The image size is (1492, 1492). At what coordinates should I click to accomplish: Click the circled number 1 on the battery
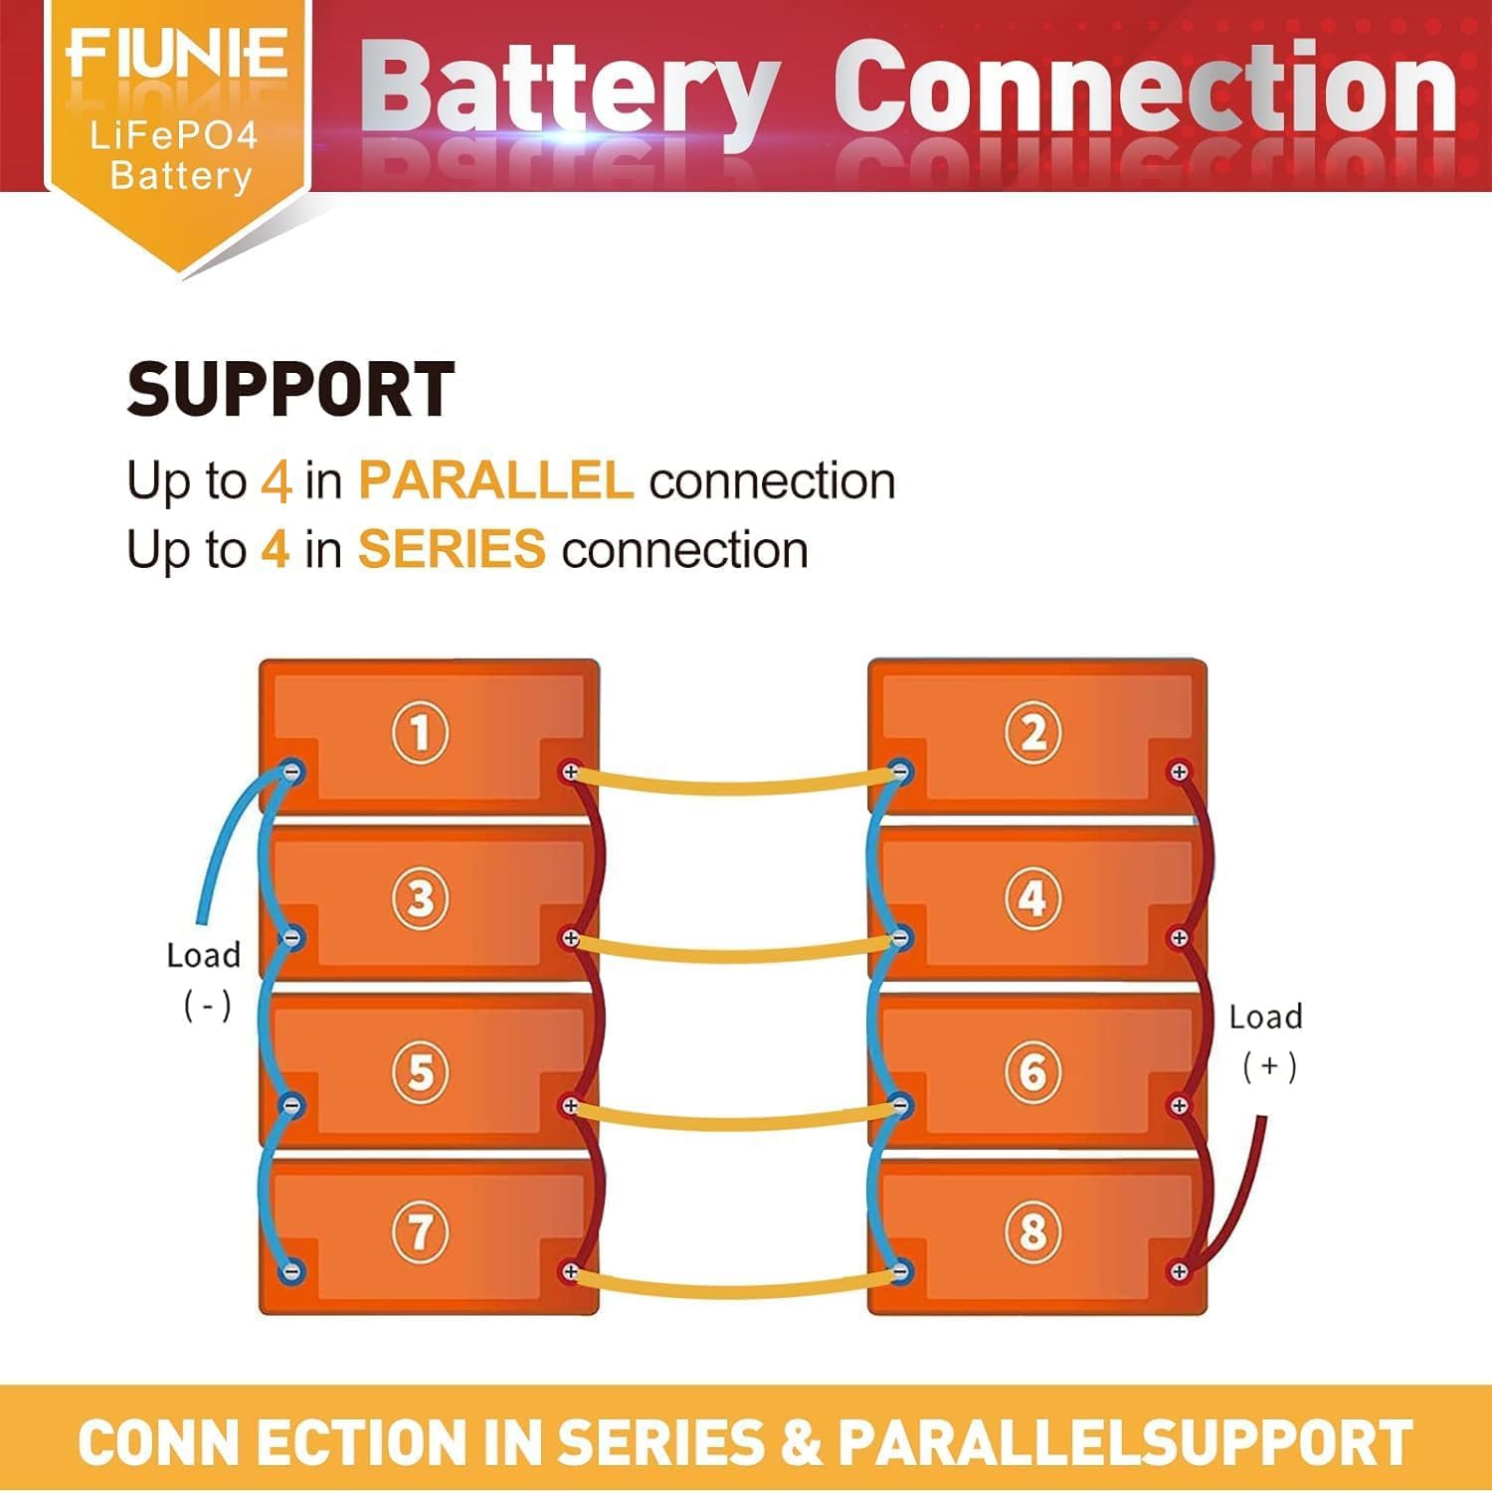(420, 733)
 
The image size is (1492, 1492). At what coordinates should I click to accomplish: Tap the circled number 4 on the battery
(1032, 898)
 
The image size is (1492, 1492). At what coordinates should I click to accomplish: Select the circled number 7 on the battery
(420, 1232)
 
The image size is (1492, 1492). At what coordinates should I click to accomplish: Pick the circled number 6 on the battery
(1032, 1071)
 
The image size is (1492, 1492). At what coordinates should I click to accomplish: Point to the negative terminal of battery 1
(292, 772)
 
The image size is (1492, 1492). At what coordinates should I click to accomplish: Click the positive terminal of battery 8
(1179, 1271)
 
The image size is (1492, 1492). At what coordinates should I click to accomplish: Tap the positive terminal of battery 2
(1179, 772)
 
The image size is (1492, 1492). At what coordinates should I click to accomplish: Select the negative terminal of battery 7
(292, 1271)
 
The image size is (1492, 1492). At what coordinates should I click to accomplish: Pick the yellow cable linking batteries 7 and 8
(734, 1290)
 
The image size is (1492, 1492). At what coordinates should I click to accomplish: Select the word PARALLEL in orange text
(495, 481)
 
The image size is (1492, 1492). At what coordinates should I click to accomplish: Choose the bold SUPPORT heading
(290, 390)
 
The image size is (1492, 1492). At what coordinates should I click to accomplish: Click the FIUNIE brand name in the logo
(177, 55)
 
